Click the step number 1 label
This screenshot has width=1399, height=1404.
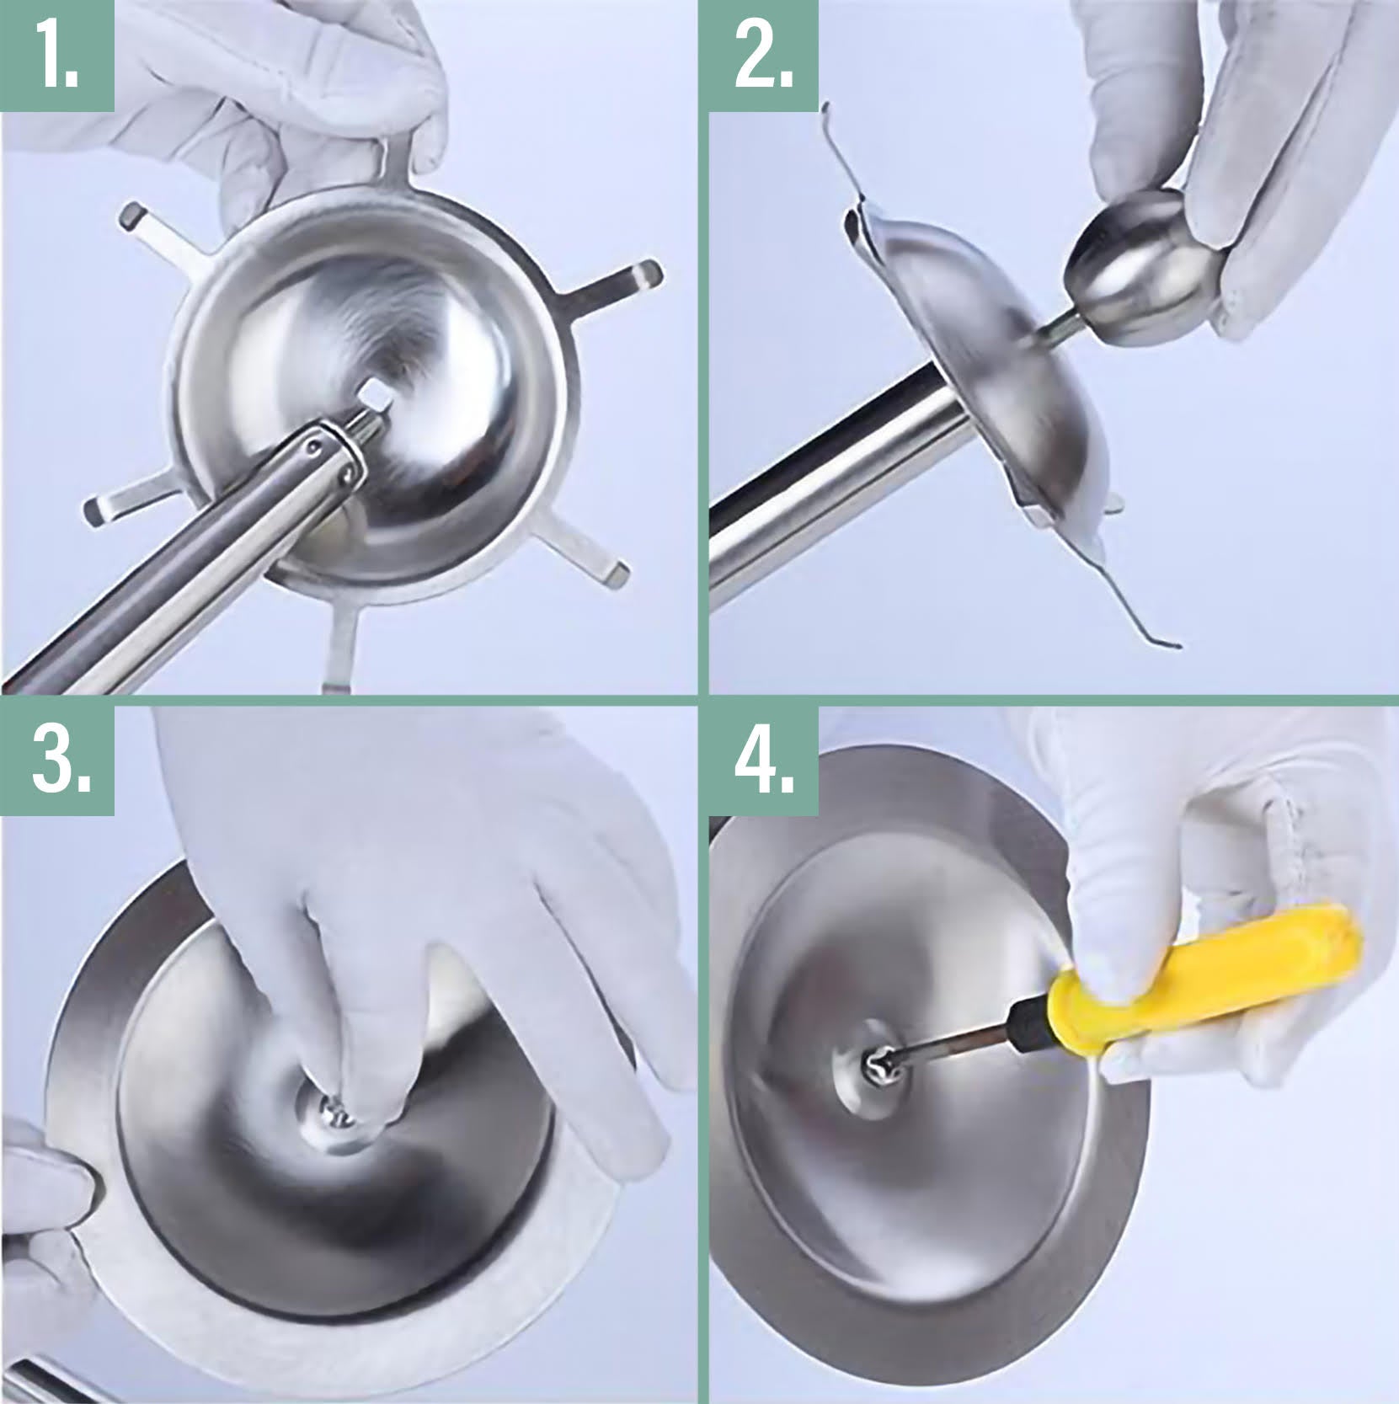coord(56,55)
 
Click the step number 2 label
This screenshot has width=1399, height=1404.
coord(764,55)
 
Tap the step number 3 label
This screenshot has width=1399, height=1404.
coord(61,760)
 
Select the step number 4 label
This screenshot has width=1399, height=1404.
coord(765,760)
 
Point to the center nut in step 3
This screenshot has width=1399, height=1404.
coord(335,1108)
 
